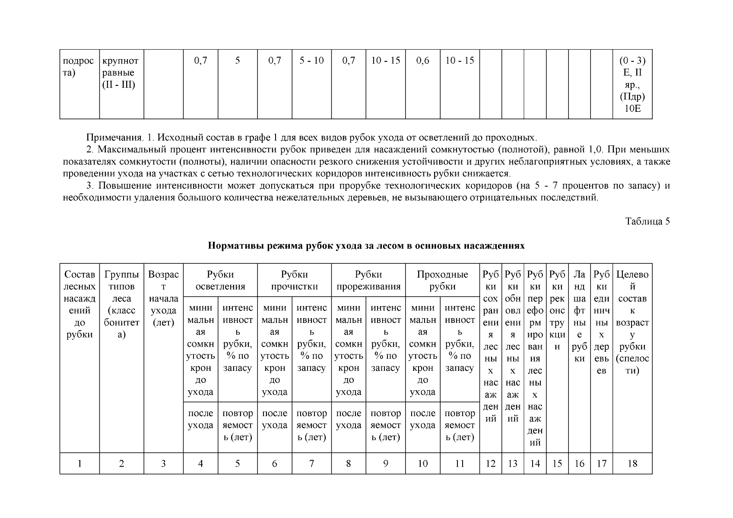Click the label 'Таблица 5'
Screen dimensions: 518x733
[647, 221]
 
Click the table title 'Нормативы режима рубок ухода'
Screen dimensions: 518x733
[366, 246]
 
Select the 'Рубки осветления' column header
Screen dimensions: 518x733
[220, 280]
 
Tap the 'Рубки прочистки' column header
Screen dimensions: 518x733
[294, 280]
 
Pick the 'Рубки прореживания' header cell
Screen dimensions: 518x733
[368, 280]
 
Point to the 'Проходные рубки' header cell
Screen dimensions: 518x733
[442, 280]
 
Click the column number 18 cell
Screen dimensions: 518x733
[632, 464]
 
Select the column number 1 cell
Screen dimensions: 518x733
[79, 464]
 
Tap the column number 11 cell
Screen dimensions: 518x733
[460, 464]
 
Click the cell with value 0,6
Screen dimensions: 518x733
[422, 61]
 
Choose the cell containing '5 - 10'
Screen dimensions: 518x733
[311, 61]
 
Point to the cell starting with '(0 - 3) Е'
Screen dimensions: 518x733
[632, 84]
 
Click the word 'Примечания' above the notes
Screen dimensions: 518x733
[114, 138]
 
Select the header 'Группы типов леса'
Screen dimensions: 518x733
[121, 304]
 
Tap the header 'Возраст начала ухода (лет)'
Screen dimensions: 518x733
[163, 298]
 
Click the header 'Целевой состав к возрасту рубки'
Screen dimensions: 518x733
[632, 322]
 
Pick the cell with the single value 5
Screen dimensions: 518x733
[238, 61]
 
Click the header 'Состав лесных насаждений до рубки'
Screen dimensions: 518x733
[79, 304]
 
